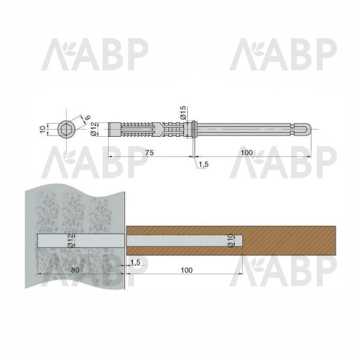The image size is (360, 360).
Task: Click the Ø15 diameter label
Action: pyautogui.click(x=183, y=113)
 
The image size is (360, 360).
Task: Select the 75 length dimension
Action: pyautogui.click(x=149, y=153)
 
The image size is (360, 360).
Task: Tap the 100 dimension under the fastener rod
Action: pyautogui.click(x=247, y=153)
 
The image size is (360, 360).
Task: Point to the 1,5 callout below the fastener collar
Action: pyautogui.click(x=204, y=164)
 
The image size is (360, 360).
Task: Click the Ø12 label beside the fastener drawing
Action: pyautogui.click(x=94, y=129)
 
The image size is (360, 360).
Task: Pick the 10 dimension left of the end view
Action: pyautogui.click(x=43, y=130)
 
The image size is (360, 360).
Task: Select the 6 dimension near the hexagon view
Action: pyautogui.click(x=87, y=117)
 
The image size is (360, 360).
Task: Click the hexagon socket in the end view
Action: pyautogui.click(x=65, y=129)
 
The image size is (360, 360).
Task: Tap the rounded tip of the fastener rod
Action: pyautogui.click(x=308, y=130)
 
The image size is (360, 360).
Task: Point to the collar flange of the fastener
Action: pyautogui.click(x=193, y=130)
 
